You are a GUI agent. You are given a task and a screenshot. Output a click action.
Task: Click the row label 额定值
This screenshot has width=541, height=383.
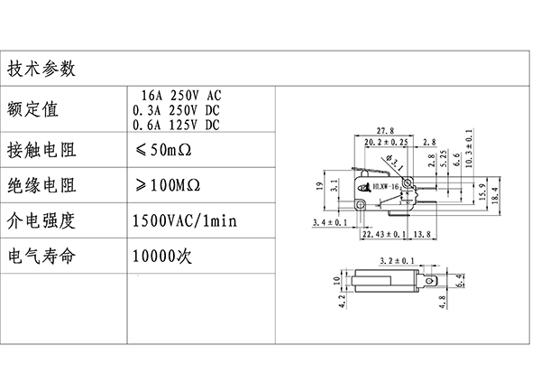(32, 109)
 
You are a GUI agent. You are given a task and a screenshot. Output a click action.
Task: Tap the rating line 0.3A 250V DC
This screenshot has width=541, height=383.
(176, 109)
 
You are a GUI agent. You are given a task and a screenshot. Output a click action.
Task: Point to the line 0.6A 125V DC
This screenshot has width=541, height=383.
(176, 124)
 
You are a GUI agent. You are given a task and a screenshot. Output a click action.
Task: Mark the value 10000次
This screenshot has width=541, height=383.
(162, 256)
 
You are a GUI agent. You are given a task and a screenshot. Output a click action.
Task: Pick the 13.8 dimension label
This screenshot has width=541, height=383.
(420, 235)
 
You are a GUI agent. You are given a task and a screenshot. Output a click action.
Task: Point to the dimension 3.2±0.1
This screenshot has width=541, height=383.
(397, 259)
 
